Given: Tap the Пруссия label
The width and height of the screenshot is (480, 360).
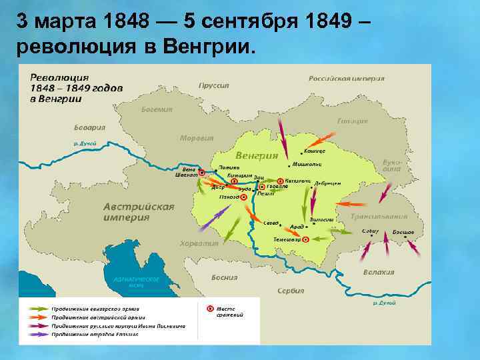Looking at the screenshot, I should [x=213, y=85].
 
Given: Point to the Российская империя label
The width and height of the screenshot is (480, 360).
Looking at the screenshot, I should [x=346, y=78].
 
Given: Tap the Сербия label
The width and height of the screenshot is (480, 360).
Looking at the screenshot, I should [x=291, y=291].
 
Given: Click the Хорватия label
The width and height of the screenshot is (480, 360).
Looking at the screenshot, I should [x=198, y=244].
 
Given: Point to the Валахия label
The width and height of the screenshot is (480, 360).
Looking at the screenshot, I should [x=378, y=272].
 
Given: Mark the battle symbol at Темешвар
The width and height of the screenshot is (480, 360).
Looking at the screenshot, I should [x=305, y=239].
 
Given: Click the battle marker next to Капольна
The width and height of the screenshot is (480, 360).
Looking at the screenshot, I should [x=281, y=181].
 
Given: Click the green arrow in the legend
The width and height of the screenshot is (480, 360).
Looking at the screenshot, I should [x=40, y=309].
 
